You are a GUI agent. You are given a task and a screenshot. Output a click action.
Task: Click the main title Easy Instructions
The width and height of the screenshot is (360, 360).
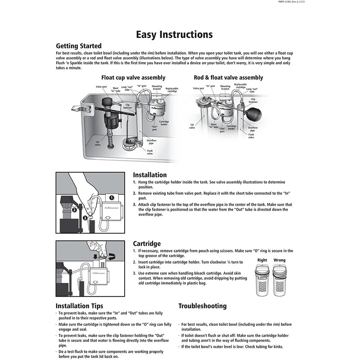click(x=174, y=35)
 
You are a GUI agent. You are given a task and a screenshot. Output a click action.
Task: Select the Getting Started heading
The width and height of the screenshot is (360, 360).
click(x=78, y=46)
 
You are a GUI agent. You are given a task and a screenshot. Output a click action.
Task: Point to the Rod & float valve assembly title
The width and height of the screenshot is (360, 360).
click(x=228, y=77)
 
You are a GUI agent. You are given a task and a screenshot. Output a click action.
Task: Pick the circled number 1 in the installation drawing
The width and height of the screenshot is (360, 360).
click(x=112, y=197)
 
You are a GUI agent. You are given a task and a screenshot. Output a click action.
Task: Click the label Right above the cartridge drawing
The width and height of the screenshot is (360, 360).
click(x=262, y=260)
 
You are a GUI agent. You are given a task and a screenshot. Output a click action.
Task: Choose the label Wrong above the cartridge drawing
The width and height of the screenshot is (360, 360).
click(x=279, y=260)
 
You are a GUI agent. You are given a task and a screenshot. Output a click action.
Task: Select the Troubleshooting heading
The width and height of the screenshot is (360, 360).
click(x=202, y=306)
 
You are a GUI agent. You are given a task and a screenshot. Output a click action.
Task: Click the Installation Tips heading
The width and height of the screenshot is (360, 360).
click(x=79, y=306)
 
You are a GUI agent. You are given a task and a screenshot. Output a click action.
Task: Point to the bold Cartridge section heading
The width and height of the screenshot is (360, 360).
click(x=147, y=243)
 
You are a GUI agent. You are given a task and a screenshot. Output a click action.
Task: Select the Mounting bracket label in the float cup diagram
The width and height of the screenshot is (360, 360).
click(x=157, y=87)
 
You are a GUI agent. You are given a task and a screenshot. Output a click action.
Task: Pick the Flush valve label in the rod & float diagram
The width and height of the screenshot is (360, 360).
click(x=251, y=135)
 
